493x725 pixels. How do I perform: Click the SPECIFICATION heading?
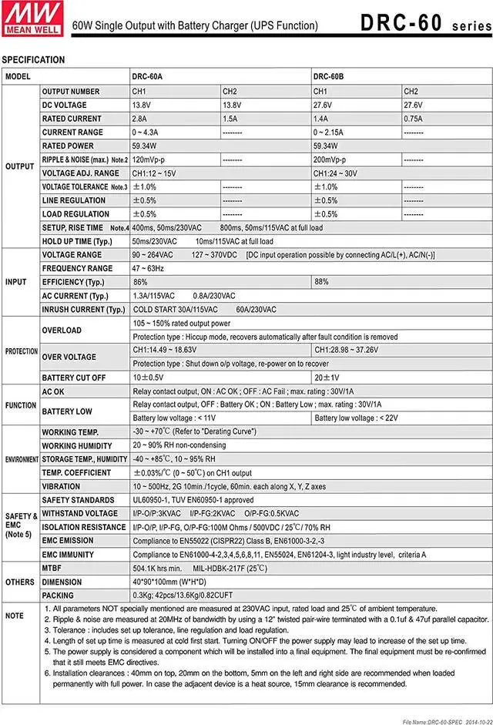click(33, 59)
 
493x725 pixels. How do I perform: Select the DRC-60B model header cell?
click(327, 77)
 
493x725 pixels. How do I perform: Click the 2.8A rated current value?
click(139, 119)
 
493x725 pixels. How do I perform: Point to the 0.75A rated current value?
click(413, 119)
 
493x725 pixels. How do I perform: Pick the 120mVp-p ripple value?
click(149, 159)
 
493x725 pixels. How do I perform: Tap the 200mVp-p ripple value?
click(330, 159)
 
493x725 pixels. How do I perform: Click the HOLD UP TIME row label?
click(76, 241)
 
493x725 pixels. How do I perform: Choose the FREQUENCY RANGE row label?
click(77, 268)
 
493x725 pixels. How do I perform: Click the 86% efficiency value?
click(140, 282)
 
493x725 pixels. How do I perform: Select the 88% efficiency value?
click(321, 282)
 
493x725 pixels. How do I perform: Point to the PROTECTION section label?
click(22, 351)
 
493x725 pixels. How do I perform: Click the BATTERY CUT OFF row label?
click(74, 378)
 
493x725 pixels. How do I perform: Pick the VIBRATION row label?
click(61, 487)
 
